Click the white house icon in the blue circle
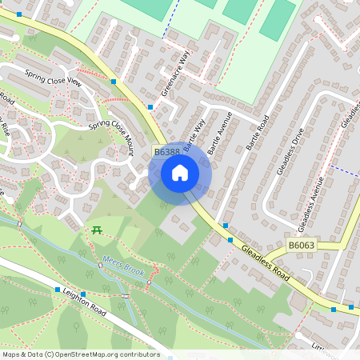[180, 173]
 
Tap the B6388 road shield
[166, 152]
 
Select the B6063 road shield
[301, 246]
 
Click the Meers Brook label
[124, 265]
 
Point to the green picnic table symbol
[97, 230]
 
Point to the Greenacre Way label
[175, 74]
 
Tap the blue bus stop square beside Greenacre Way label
[150, 106]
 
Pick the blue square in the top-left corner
[19, 14]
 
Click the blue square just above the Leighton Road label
[58, 289]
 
